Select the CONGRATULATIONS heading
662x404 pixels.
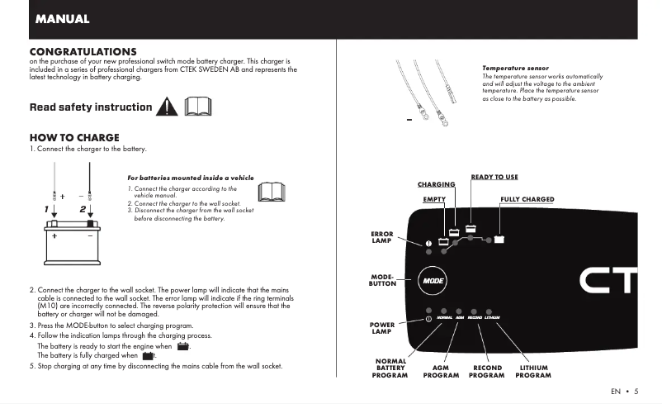(83, 51)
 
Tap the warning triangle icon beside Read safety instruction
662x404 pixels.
(168, 107)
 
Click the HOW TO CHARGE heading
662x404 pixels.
(74, 137)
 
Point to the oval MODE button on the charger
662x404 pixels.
(433, 281)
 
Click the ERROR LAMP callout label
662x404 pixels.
(382, 238)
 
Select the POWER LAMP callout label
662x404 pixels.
(381, 328)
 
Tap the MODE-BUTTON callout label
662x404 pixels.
(382, 280)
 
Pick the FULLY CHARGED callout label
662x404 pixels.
(527, 199)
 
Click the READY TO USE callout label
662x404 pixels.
(494, 177)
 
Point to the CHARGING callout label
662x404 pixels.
(436, 184)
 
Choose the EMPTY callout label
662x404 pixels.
(434, 199)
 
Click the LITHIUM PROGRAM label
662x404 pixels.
(533, 371)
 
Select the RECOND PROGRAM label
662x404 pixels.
(487, 371)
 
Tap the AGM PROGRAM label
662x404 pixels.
(441, 371)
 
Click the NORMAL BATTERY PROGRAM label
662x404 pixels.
(390, 368)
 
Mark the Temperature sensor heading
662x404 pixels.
(515, 68)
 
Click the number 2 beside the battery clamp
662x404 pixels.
(83, 209)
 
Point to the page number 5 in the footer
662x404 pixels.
(636, 391)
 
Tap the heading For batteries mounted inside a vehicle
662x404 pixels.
(191, 177)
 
